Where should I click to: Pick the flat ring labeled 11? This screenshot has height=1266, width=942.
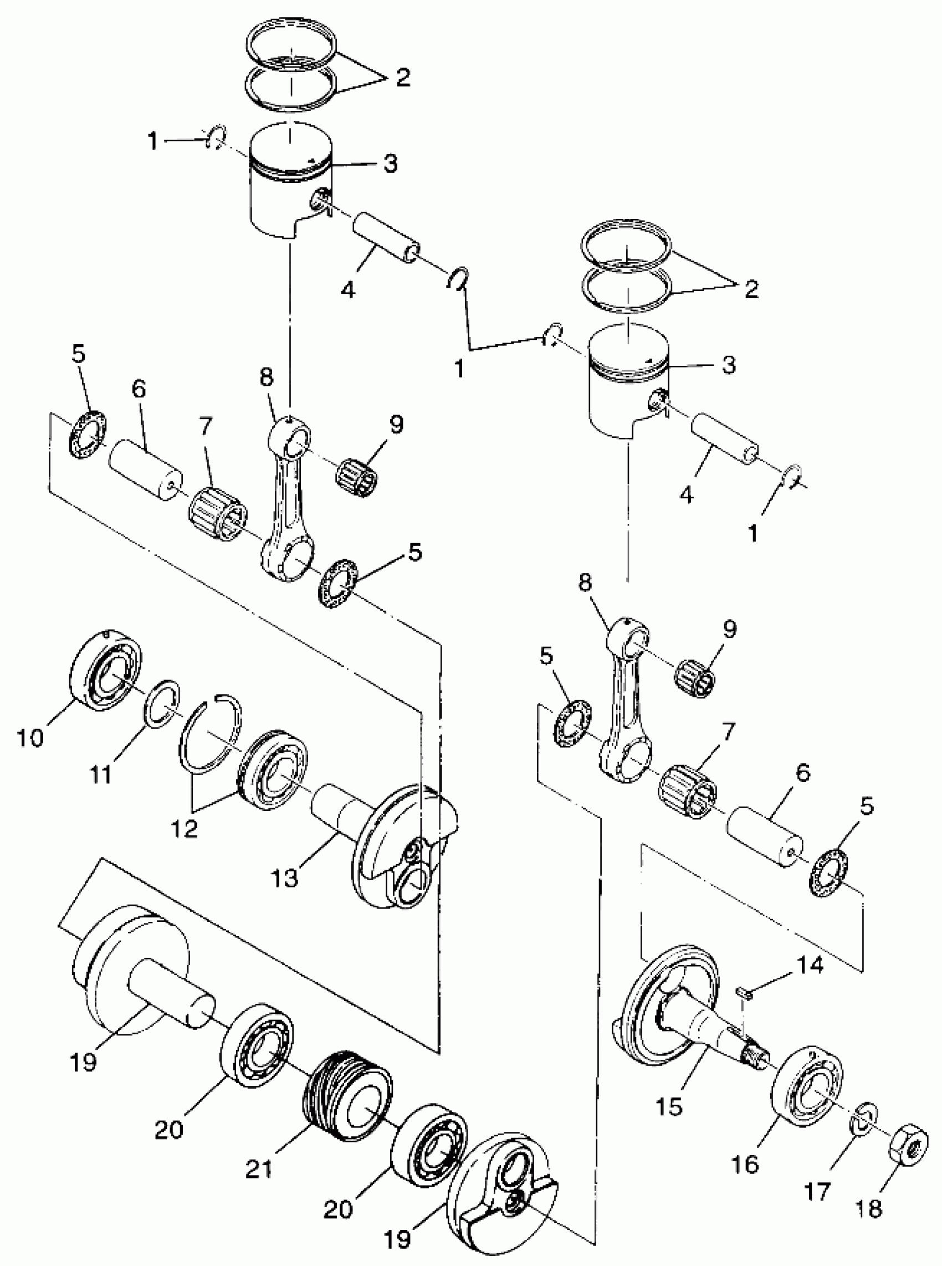point(161,704)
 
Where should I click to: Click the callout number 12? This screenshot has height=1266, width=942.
point(183,828)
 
